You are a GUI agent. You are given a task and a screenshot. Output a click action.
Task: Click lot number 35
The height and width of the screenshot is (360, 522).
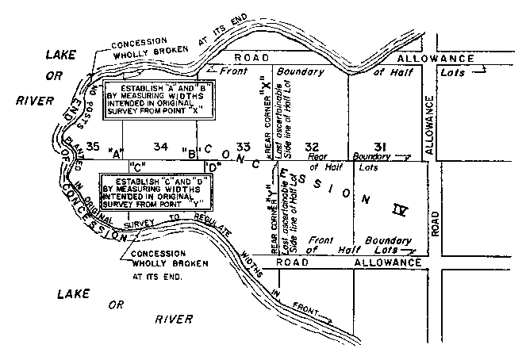[93, 146]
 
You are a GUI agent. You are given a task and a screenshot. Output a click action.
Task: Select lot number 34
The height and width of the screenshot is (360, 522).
[162, 146]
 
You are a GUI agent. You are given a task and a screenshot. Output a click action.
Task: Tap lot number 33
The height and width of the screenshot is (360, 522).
[243, 146]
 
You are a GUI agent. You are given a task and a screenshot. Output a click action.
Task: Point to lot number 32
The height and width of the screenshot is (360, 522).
[312, 146]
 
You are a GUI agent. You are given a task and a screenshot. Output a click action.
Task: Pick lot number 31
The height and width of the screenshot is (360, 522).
[382, 146]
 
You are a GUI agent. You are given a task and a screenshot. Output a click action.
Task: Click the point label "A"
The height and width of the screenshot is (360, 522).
[118, 152]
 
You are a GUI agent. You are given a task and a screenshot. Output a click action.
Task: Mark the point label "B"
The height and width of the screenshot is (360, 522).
[189, 151]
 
